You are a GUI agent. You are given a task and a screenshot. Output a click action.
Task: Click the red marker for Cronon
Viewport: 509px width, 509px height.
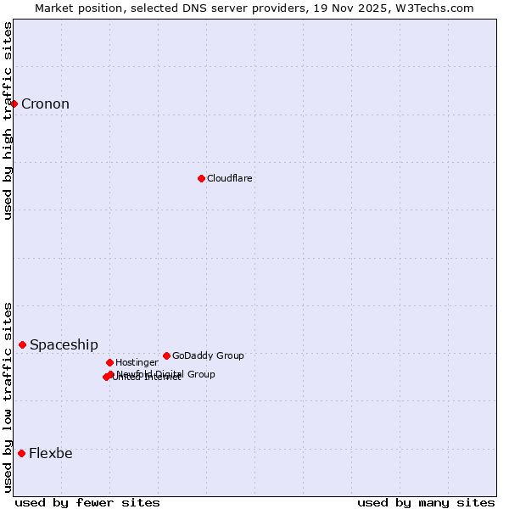pos(14,103)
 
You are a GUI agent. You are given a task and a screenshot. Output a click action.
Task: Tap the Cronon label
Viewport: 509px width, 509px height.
pos(45,104)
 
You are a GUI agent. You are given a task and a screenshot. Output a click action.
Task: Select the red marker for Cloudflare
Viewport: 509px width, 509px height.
pos(201,178)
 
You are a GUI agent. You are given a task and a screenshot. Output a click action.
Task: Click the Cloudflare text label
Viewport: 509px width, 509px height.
pos(230,179)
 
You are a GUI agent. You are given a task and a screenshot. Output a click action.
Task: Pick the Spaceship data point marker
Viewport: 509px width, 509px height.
pos(23,344)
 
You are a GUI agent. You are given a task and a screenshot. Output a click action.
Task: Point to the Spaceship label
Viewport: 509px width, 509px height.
pos(64,345)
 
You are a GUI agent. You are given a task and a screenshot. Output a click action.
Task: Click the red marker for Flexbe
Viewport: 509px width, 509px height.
pos(21,453)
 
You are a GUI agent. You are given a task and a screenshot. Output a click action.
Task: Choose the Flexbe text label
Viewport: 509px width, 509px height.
pos(51,454)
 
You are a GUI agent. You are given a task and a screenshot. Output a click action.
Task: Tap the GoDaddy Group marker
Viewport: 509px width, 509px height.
pos(166,355)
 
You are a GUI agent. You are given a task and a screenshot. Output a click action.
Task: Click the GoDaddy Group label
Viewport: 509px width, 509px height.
pos(208,356)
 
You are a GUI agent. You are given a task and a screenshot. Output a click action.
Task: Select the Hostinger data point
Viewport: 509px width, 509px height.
pos(109,362)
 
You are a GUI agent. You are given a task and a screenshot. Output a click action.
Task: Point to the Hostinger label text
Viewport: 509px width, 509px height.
pos(137,363)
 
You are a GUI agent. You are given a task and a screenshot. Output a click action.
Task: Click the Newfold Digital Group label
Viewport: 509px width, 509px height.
pos(166,374)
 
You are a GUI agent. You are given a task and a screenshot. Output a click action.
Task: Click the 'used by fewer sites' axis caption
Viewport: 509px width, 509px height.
pos(87,502)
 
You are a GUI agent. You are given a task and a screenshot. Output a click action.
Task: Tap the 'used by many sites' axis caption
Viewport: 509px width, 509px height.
pos(426,502)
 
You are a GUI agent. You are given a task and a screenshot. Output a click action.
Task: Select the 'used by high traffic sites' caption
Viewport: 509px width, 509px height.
pos(8,120)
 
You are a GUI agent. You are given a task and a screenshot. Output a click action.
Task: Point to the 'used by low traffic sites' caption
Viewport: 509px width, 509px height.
pos(8,397)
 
